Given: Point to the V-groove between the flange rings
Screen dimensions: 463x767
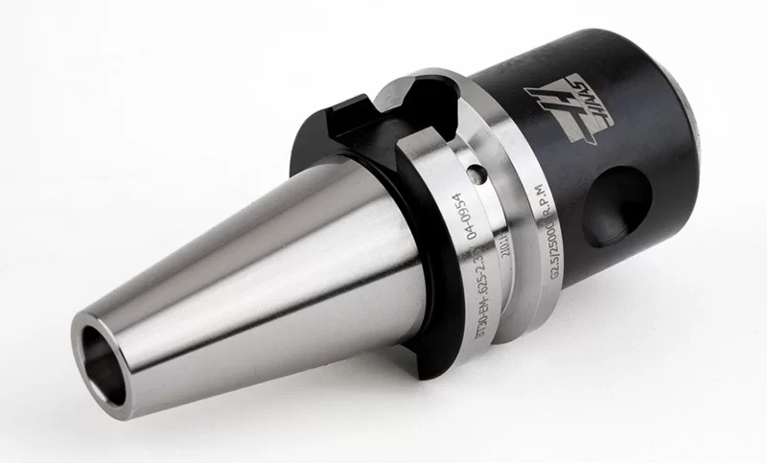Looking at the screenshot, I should (x=506, y=249).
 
